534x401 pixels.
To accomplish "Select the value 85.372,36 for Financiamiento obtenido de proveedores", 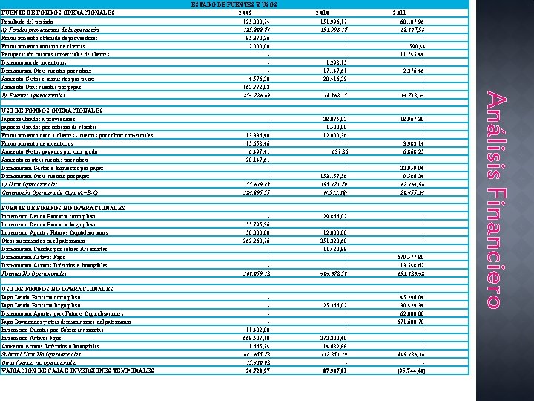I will (x=251, y=36).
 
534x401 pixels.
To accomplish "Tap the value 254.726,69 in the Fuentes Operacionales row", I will (x=250, y=97).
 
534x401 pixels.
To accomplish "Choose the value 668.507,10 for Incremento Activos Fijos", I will (x=250, y=337).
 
